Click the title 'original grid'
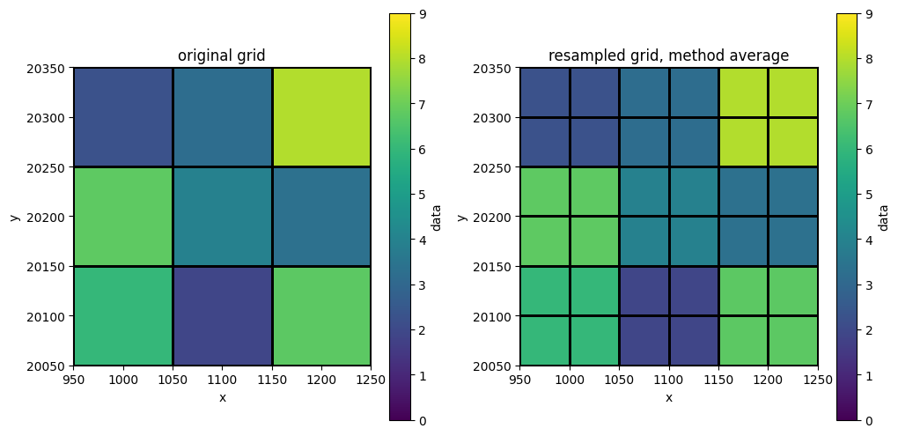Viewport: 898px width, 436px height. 222,55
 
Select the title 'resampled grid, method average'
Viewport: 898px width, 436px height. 668,55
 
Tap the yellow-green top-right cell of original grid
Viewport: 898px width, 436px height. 321,117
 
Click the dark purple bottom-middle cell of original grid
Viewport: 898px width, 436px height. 222,315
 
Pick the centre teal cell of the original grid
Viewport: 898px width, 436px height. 222,217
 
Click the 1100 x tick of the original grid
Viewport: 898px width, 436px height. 222,379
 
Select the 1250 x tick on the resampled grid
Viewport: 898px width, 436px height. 818,379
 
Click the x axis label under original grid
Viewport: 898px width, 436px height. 222,397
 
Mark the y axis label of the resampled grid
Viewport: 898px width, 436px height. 462,217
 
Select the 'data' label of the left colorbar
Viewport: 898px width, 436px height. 437,218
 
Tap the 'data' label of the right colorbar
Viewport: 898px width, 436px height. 883,218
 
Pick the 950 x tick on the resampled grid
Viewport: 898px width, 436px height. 520,379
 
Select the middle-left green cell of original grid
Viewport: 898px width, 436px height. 123,217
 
